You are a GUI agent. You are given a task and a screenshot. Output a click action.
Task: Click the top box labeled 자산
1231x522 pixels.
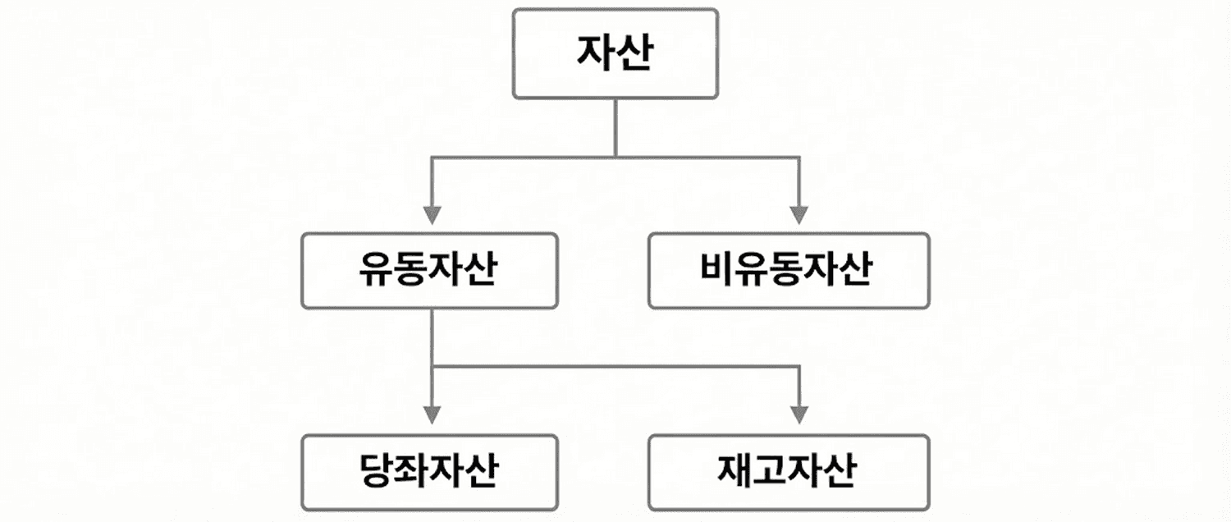615,53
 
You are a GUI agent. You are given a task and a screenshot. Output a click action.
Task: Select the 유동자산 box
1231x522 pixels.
429,271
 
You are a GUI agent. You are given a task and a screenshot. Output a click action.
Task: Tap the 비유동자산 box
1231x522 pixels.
789,271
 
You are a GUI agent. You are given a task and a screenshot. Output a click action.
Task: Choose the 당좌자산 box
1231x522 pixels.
429,473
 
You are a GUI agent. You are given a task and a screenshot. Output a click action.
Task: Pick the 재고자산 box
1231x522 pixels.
789,473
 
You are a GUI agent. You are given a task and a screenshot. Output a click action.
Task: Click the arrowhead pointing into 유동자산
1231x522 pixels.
432,215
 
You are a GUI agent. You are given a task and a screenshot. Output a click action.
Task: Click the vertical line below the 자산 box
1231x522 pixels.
615,127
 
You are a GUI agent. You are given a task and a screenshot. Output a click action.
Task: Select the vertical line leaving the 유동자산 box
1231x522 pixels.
432,337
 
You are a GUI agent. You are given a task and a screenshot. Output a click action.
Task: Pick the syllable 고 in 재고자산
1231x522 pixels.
771,473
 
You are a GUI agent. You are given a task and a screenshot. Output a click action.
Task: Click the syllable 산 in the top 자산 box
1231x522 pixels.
634,53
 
